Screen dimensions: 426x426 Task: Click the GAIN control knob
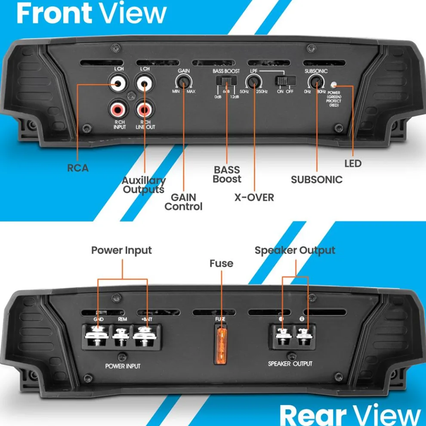pyautogui.click(x=184, y=82)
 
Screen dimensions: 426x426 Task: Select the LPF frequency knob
pyautogui.click(x=253, y=82)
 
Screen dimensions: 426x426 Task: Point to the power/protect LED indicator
pyautogui.click(x=333, y=85)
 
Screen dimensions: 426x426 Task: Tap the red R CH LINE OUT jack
pyautogui.click(x=144, y=110)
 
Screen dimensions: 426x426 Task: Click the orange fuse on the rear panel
pyautogui.click(x=221, y=345)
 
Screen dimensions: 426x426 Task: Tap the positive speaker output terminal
pyautogui.click(x=282, y=334)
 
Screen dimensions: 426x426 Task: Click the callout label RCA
pyautogui.click(x=78, y=168)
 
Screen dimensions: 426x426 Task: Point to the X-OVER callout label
pyautogui.click(x=254, y=197)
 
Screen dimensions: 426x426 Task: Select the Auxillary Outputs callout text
pyautogui.click(x=143, y=185)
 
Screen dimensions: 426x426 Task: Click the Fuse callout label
pyautogui.click(x=221, y=263)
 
